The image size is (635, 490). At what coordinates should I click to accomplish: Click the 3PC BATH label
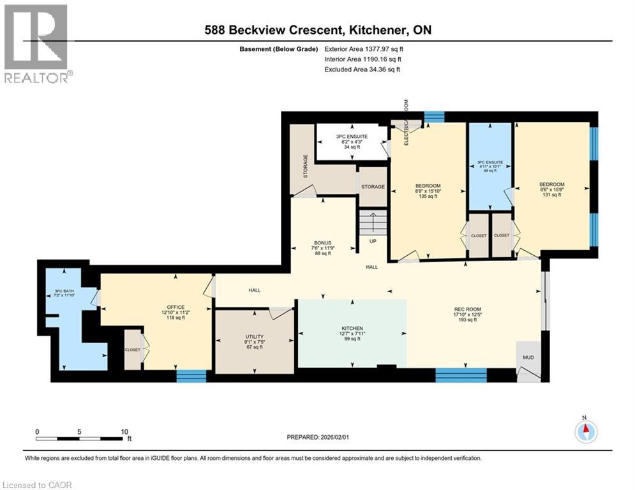click(64, 292)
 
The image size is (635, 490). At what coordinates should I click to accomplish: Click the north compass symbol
click(585, 432)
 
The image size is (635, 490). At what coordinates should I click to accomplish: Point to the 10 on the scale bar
click(125, 431)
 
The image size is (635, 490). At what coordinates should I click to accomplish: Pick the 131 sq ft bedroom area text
click(551, 195)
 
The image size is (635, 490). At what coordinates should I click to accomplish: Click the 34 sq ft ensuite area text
click(353, 146)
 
